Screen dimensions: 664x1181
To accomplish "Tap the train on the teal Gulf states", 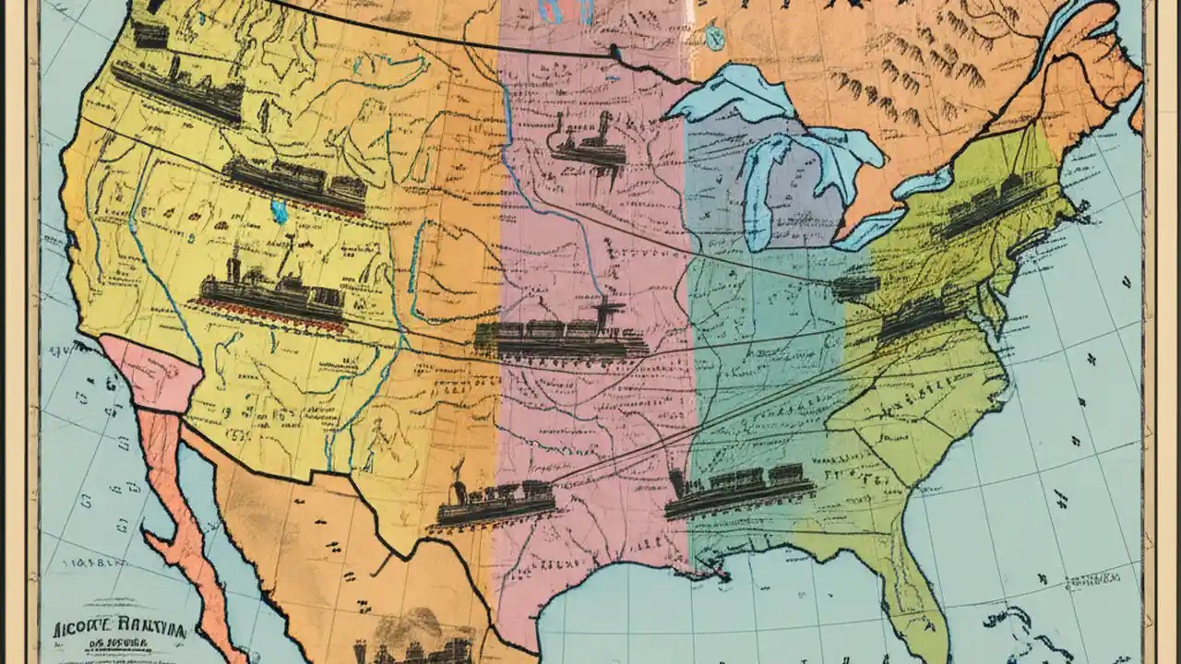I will pyautogui.click(x=738, y=490).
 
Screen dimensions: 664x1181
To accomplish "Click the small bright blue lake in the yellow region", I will pyautogui.click(x=279, y=211).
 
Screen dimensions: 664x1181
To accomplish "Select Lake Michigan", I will pyautogui.click(x=762, y=194).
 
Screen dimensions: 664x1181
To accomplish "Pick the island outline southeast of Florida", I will pyautogui.click(x=1024, y=627).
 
